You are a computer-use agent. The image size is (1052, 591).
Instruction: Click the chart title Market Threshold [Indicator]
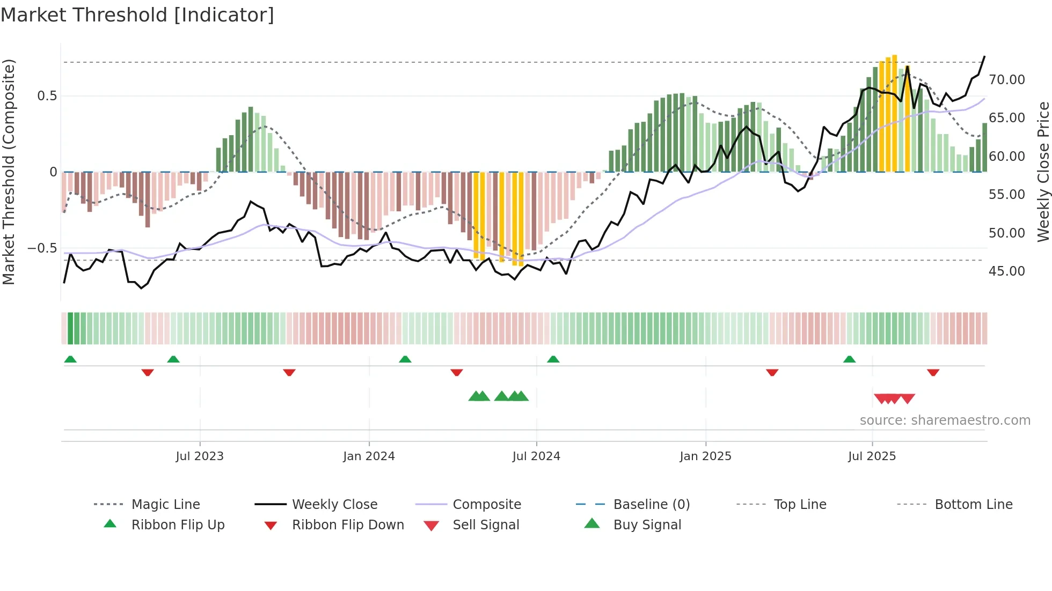tap(137, 15)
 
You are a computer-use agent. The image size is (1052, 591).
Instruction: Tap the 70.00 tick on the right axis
tap(1006, 80)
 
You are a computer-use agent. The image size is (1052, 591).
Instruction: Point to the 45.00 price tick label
tap(1006, 271)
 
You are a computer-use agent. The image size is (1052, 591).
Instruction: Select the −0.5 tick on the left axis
tap(42, 248)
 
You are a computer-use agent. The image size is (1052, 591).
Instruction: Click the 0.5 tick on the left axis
tap(47, 96)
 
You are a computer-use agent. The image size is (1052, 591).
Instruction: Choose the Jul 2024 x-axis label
tap(536, 456)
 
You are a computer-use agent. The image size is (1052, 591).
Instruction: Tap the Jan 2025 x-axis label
tap(705, 456)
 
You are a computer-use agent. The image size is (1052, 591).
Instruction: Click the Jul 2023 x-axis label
tap(199, 456)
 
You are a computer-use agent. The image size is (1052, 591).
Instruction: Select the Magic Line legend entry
tap(165, 505)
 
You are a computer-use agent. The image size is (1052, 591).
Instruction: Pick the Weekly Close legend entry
tap(334, 505)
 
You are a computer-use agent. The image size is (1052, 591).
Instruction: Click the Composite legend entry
tap(486, 505)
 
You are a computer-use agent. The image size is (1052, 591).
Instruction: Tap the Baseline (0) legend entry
tap(651, 505)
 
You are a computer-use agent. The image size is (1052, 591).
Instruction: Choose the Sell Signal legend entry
tap(486, 525)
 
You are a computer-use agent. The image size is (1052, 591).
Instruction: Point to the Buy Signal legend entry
tap(647, 525)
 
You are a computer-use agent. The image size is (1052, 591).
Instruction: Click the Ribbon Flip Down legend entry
tap(348, 525)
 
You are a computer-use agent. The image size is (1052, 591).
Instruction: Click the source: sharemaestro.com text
tap(945, 420)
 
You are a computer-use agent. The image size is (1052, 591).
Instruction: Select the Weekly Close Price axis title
tap(1043, 172)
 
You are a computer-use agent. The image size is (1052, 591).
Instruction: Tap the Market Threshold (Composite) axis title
tap(9, 172)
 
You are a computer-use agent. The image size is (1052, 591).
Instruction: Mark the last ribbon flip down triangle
tap(933, 372)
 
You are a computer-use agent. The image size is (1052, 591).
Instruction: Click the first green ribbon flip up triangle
tap(70, 359)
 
